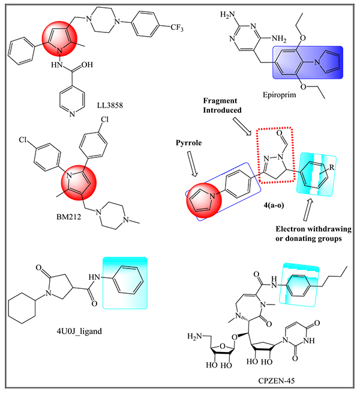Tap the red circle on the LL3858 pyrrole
(x=58, y=38)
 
